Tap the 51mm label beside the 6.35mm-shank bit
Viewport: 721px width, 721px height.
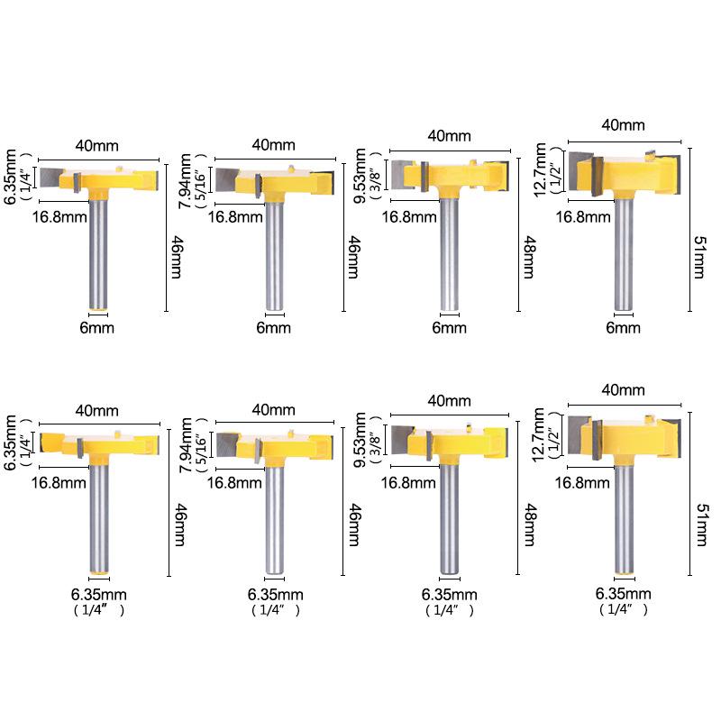[x=702, y=525]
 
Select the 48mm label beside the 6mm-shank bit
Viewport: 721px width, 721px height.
[x=530, y=257]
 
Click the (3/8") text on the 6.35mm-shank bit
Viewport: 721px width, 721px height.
[x=376, y=440]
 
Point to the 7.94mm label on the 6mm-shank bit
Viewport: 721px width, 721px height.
[x=185, y=181]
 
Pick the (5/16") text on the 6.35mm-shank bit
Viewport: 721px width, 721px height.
[x=200, y=444]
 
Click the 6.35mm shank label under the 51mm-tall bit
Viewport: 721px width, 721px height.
[x=623, y=593]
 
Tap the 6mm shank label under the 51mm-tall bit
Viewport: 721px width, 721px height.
[x=623, y=327]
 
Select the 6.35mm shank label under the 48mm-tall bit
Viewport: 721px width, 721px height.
[x=449, y=594]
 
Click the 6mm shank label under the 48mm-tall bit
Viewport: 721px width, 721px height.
[x=449, y=327]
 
